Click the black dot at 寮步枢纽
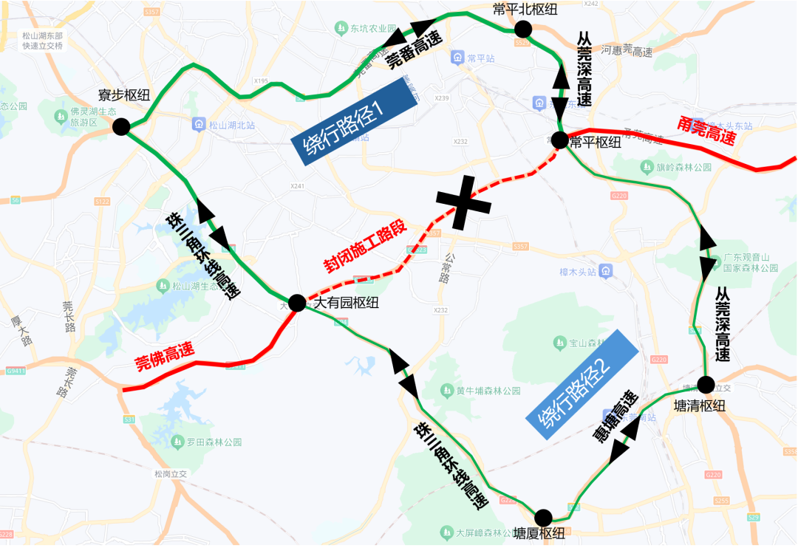pyautogui.click(x=121, y=127)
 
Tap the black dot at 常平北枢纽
pyautogui.click(x=523, y=29)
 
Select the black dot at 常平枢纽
pyautogui.click(x=559, y=140)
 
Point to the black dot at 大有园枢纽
pyautogui.click(x=297, y=303)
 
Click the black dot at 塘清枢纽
pyautogui.click(x=706, y=384)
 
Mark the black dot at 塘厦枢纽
pyautogui.click(x=543, y=517)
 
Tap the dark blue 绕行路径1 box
pyautogui.click(x=354, y=121)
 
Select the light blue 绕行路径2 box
pyautogui.click(x=582, y=385)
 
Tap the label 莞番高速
pyautogui.click(x=415, y=47)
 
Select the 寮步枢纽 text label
pyautogui.click(x=124, y=95)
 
